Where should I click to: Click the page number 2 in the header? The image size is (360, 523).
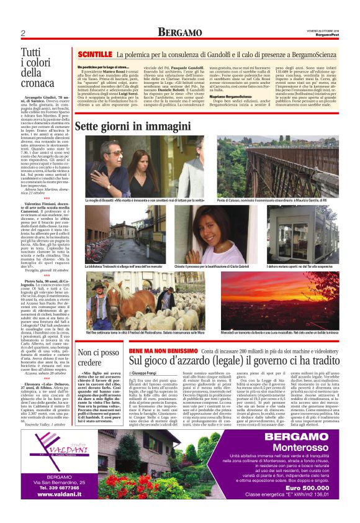(x=22, y=33)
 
